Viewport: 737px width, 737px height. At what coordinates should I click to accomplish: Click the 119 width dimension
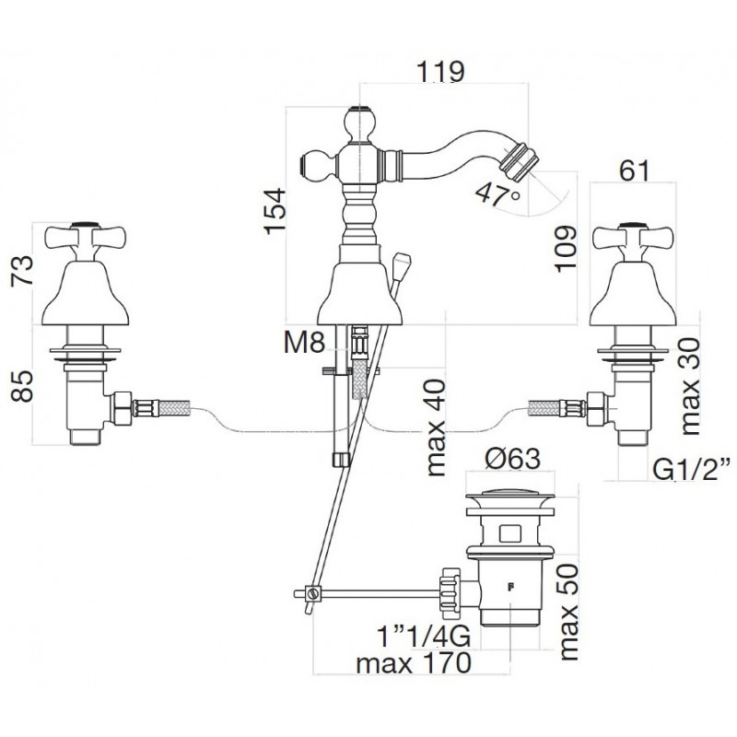[440, 72]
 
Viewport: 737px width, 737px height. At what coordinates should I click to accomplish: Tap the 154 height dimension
[275, 211]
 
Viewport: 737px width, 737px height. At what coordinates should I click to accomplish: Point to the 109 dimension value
[565, 248]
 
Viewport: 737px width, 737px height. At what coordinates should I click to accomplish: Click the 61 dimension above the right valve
[634, 170]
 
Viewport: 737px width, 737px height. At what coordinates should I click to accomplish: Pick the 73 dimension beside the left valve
[22, 269]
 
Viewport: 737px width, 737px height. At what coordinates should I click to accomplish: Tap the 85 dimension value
[22, 385]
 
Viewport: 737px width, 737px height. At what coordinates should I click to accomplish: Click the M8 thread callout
[304, 344]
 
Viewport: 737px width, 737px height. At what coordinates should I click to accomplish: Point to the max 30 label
[688, 385]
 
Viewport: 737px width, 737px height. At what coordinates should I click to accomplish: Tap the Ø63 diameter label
[512, 459]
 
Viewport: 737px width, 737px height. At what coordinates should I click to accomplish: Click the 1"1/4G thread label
[424, 638]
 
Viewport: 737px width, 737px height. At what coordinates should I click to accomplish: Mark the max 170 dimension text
[414, 663]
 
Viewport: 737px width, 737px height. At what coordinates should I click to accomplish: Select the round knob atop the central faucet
[360, 123]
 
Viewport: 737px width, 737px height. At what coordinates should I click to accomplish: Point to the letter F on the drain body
[510, 586]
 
